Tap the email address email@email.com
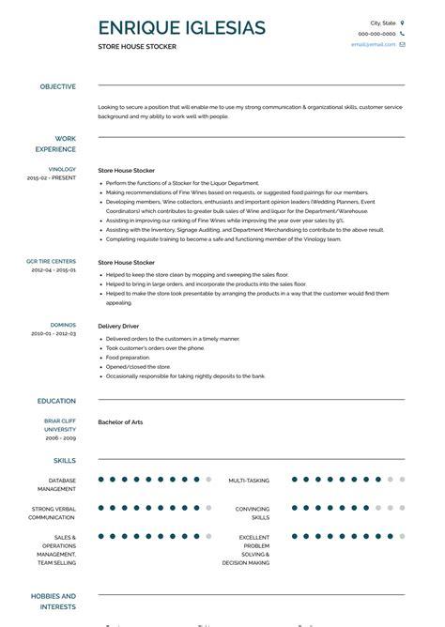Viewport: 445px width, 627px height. point(373,44)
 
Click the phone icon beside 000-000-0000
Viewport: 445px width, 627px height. point(402,33)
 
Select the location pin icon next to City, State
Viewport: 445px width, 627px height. point(402,22)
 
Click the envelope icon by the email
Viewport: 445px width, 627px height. point(402,44)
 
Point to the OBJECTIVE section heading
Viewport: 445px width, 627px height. point(57,86)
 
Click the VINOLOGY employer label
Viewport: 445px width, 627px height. point(62,169)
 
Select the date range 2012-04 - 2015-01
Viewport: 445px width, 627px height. point(54,269)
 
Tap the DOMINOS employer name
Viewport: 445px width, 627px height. point(63,325)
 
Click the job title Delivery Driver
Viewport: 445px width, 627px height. point(119,326)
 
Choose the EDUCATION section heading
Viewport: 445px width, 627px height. point(56,401)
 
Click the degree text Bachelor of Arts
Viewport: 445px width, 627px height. point(120,422)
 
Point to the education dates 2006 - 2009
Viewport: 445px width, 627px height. point(61,438)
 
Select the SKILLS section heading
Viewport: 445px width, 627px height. point(65,461)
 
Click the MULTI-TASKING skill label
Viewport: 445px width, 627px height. point(249,481)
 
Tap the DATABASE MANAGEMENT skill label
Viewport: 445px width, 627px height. point(56,484)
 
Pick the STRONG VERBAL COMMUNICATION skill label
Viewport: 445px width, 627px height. point(53,512)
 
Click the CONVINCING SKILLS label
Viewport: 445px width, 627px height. point(252,512)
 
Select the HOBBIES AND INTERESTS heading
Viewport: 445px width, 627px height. point(54,601)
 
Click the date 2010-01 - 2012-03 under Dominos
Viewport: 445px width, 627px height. point(54,333)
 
